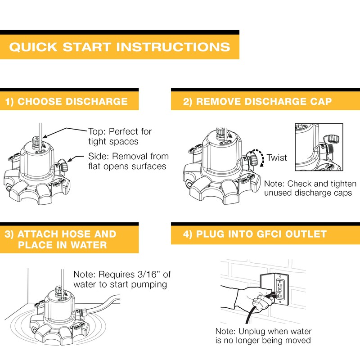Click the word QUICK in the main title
pos(33,47)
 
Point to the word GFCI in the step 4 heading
pos(269,234)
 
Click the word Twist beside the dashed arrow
pos(277,158)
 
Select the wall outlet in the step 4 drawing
pos(280,289)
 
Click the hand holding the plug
pos(252,298)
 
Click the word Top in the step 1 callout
pos(96,132)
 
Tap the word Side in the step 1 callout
pos(98,156)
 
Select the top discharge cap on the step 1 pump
pos(36,140)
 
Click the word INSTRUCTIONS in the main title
pos(173,47)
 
